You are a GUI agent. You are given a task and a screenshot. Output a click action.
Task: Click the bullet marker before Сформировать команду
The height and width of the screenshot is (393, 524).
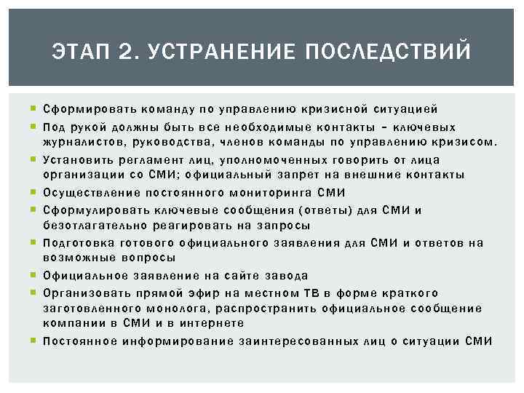tap(34, 109)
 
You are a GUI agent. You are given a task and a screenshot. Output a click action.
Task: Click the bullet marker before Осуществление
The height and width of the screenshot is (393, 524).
tap(34, 193)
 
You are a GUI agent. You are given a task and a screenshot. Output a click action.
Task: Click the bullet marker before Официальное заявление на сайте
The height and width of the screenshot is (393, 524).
tap(34, 276)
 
